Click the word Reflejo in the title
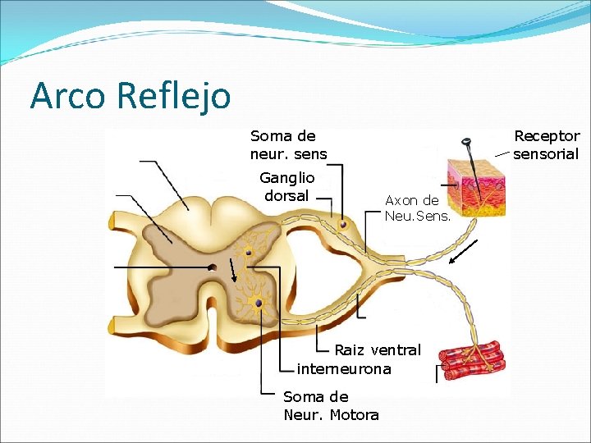(x=174, y=95)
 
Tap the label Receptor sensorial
(x=546, y=145)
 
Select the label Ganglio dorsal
(x=286, y=186)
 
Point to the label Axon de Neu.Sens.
(x=412, y=208)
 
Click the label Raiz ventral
(x=377, y=350)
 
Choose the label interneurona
(x=344, y=369)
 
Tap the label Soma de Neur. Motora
(x=331, y=406)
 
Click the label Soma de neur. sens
(x=288, y=145)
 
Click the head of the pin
(x=467, y=144)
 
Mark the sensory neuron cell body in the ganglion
(x=344, y=224)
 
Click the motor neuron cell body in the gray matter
(x=259, y=304)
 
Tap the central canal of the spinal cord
(x=213, y=267)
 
